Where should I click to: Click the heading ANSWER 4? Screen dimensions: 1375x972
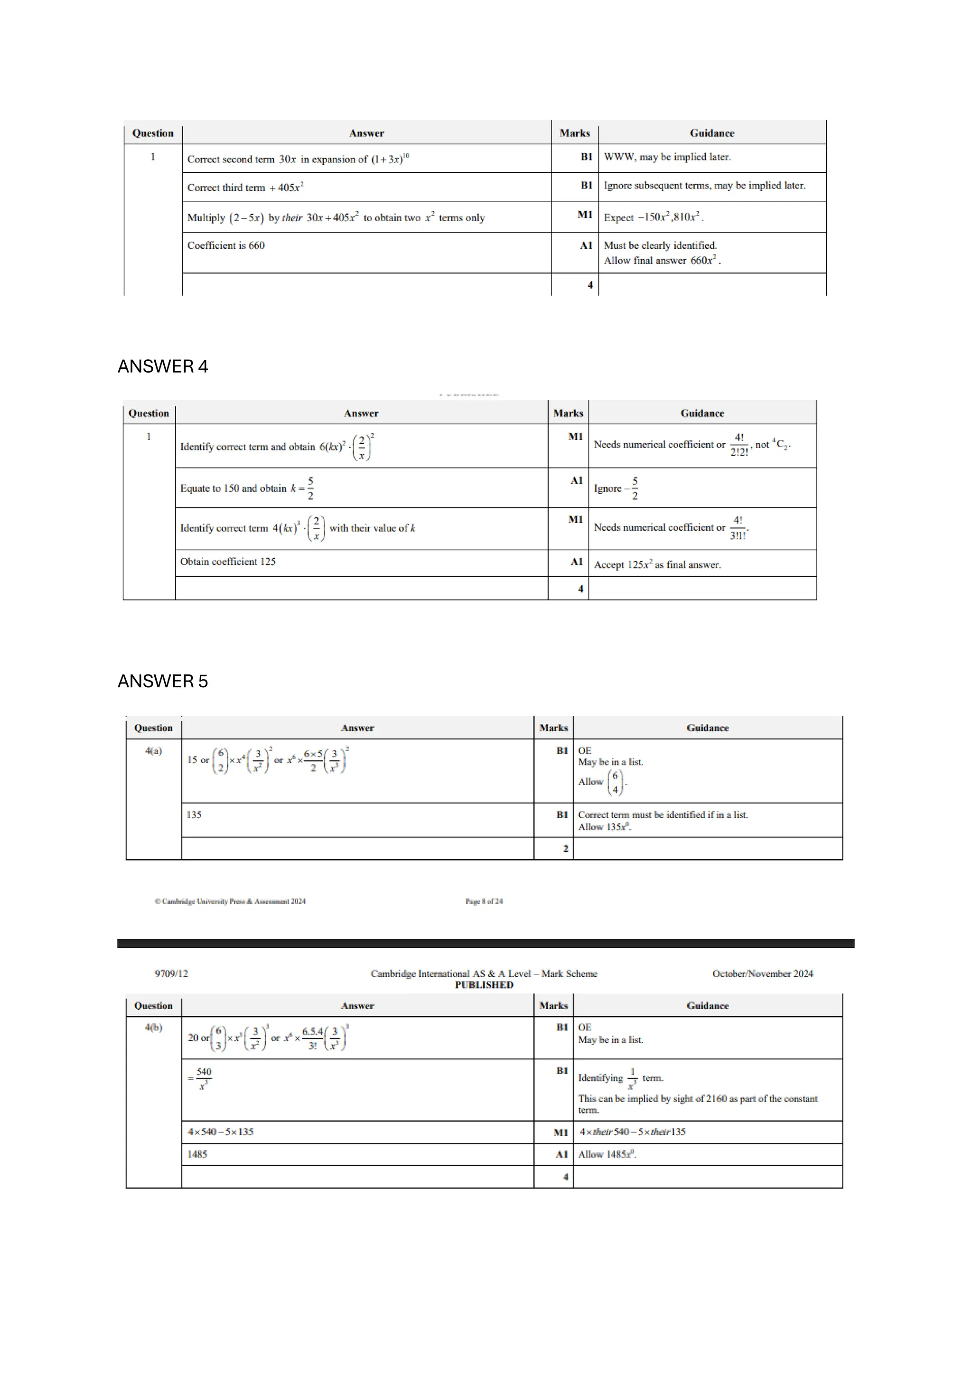[162, 366]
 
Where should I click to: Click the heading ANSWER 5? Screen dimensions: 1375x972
[162, 681]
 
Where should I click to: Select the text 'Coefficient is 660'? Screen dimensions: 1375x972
[226, 245]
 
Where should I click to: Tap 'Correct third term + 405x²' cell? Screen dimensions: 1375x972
[245, 187]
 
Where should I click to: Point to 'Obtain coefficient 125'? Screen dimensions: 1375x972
[228, 562]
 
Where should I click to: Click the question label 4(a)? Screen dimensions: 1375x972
[153, 751]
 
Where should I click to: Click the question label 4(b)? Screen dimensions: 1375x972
[153, 1028]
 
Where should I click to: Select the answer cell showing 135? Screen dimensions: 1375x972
[194, 814]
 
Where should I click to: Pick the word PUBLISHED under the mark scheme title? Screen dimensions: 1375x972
[484, 985]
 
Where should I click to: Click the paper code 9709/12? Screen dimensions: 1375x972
[171, 974]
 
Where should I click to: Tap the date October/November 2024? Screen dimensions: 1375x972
[762, 974]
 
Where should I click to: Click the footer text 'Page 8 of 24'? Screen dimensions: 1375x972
[484, 901]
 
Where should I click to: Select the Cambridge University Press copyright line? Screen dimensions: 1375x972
[230, 901]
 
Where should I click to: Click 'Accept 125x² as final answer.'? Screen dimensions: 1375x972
[657, 565]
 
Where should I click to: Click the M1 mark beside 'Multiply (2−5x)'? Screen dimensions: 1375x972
[585, 215]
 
